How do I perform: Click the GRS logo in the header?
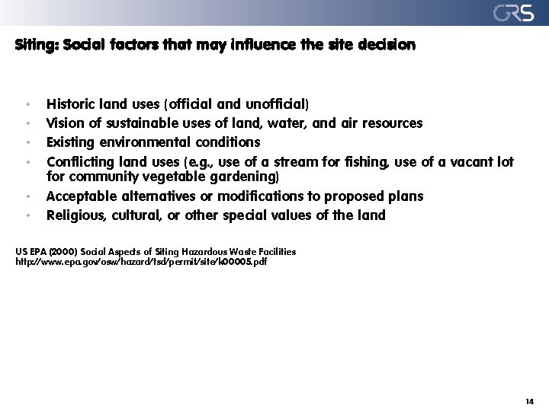[x=512, y=13]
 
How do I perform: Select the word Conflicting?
[x=80, y=161]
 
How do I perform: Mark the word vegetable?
[x=169, y=177]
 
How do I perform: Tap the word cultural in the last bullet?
[x=138, y=215]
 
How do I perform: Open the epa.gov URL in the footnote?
[x=141, y=261]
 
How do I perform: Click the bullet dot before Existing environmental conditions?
[x=27, y=142]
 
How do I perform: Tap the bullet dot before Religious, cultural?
[x=27, y=216]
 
